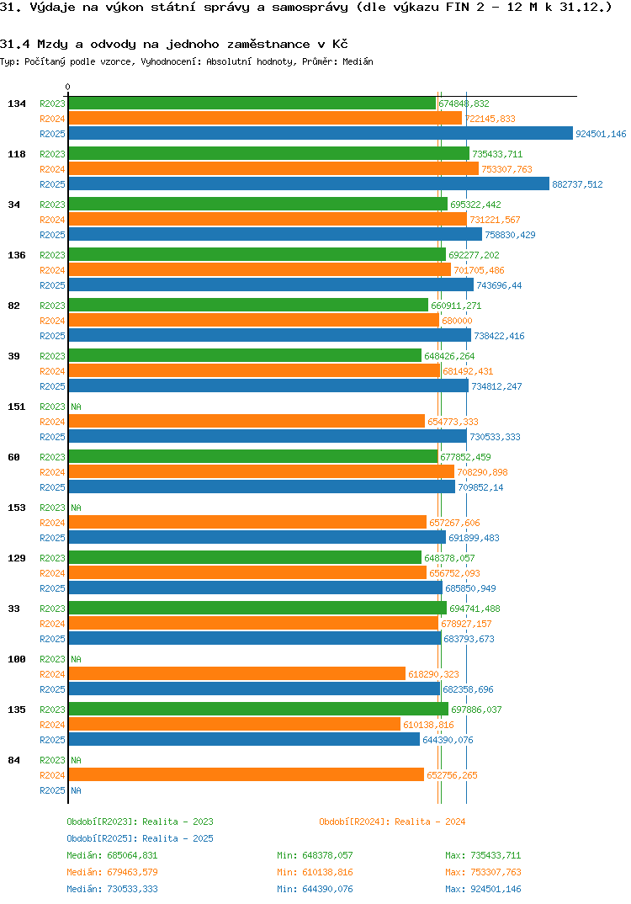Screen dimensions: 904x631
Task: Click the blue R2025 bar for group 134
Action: pyautogui.click(x=321, y=134)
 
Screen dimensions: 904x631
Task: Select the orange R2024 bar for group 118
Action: pyautogui.click(x=273, y=168)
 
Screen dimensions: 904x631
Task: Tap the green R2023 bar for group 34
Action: pyautogui.click(x=257, y=204)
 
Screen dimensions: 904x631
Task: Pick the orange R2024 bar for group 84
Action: pyautogui.click(x=246, y=774)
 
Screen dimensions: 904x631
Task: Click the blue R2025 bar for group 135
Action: pyautogui.click(x=244, y=739)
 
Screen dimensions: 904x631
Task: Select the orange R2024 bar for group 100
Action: pyautogui.click(x=236, y=673)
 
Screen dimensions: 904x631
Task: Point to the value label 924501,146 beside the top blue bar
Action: pyautogui.click(x=601, y=134)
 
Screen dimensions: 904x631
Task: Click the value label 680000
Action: pyautogui.click(x=457, y=321)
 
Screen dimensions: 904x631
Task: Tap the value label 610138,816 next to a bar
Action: pyautogui.click(x=428, y=725)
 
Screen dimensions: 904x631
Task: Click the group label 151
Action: pyautogui.click(x=16, y=407)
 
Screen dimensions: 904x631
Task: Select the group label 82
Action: pyautogui.click(x=13, y=306)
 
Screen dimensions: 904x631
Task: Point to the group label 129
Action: pyautogui.click(x=16, y=558)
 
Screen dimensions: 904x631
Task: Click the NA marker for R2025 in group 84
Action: pyautogui.click(x=76, y=790)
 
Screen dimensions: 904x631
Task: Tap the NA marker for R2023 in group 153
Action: pyautogui.click(x=76, y=508)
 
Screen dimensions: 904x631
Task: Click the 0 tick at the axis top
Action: pyautogui.click(x=68, y=87)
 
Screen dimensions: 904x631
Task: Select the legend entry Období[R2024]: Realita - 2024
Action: pyautogui.click(x=392, y=822)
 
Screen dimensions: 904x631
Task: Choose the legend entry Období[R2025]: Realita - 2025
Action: pyautogui.click(x=140, y=838)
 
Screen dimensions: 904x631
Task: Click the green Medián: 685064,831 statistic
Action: pyautogui.click(x=112, y=855)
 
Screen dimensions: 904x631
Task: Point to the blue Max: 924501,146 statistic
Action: pyautogui.click(x=483, y=889)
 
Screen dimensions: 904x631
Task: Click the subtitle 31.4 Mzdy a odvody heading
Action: pyautogui.click(x=174, y=44)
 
